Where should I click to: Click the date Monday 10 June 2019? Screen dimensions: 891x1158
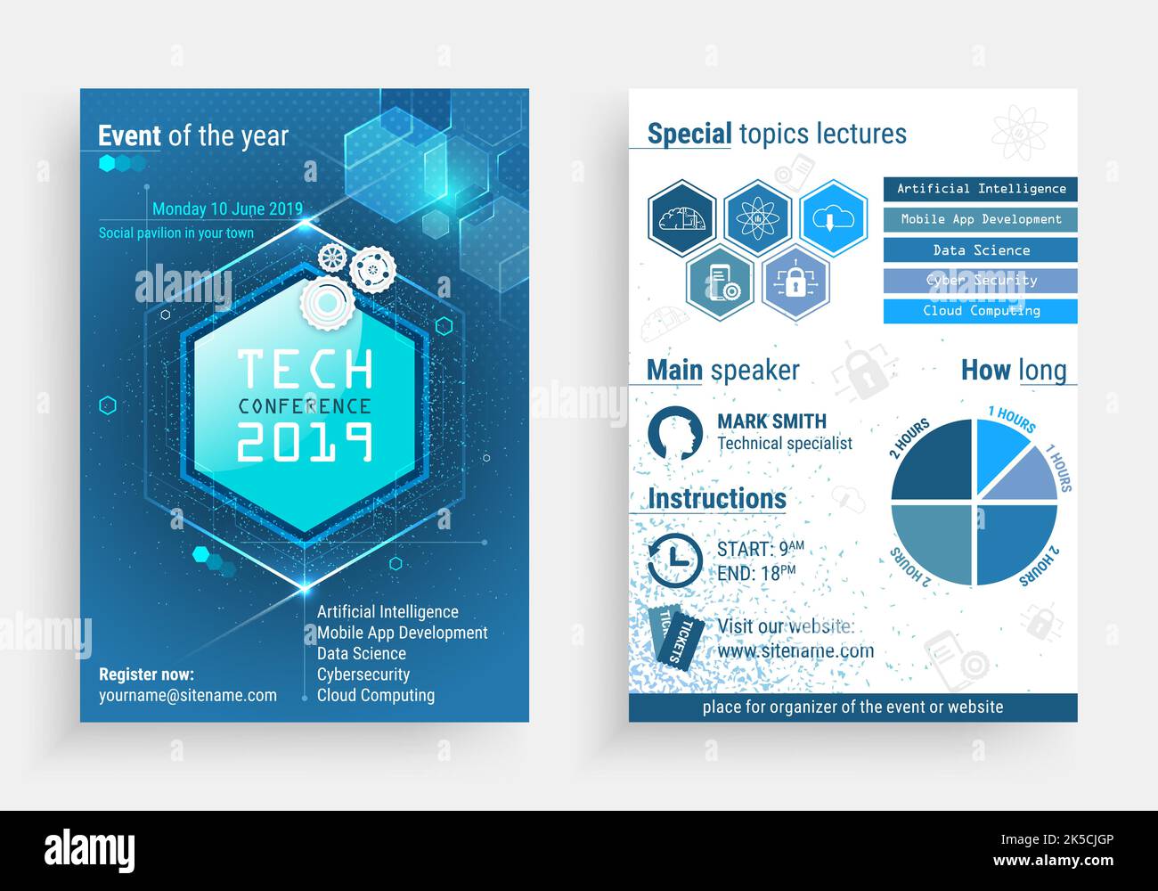(227, 209)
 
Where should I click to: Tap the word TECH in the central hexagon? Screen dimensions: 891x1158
(305, 369)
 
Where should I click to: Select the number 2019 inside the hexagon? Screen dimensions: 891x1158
(305, 440)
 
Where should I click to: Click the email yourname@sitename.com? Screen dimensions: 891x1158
(187, 696)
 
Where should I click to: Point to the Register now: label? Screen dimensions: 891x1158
(146, 674)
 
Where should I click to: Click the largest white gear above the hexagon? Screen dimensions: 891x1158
(327, 304)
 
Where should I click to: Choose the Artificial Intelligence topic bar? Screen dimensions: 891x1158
(980, 189)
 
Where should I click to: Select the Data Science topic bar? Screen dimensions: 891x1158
(980, 250)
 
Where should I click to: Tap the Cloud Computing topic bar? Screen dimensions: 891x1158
(980, 311)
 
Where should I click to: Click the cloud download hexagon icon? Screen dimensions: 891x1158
(833, 218)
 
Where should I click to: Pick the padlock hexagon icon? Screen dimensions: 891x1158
(795, 282)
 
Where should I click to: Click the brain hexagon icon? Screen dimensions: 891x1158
(682, 218)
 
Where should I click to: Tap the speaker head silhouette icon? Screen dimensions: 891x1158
(675, 434)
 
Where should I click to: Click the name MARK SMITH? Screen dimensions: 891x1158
(771, 421)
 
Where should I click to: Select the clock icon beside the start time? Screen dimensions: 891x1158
(674, 560)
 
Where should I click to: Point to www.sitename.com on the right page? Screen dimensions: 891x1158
(795, 651)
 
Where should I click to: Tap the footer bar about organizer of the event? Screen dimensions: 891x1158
(852, 707)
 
